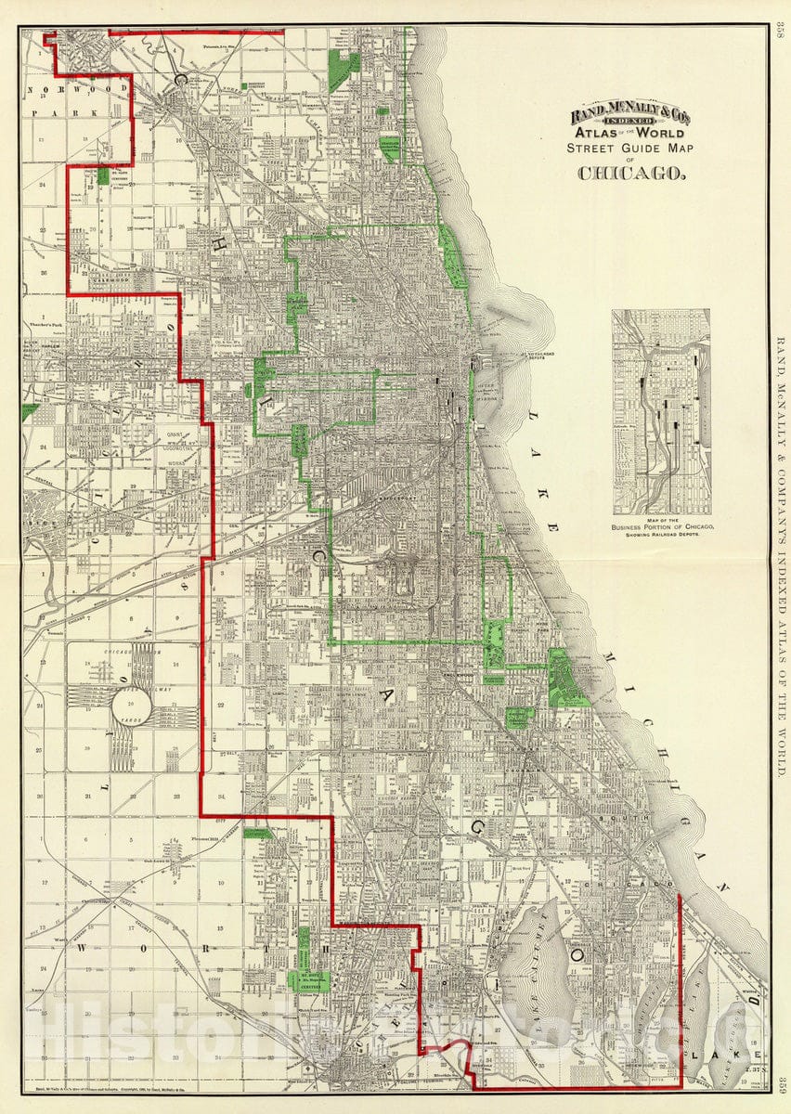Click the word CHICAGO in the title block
point(631,172)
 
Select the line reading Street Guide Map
point(631,147)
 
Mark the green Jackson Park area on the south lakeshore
point(564,677)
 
